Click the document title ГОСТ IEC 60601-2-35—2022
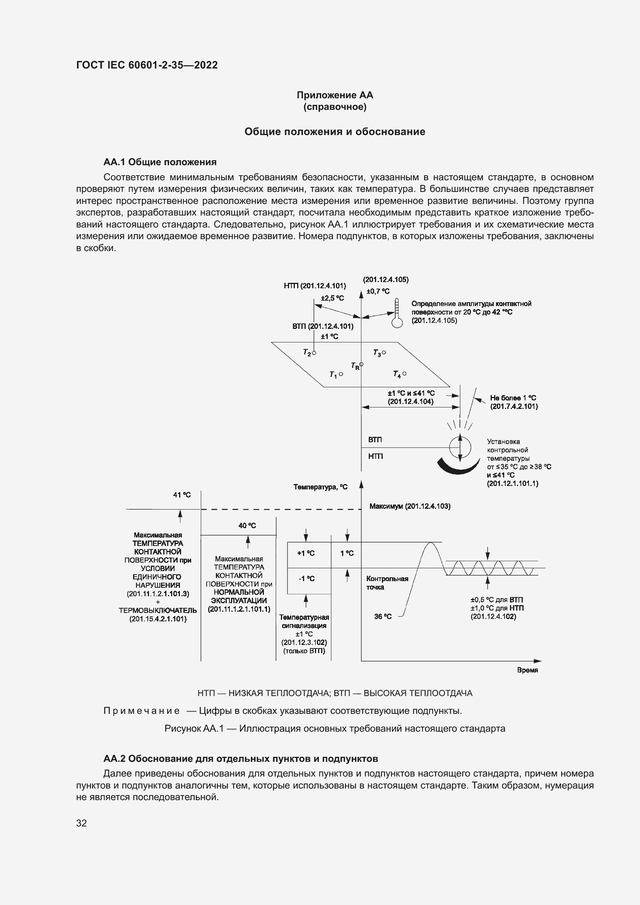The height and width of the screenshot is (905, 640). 147,65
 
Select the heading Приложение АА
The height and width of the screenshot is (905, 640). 335,95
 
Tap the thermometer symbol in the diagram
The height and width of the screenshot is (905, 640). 397,314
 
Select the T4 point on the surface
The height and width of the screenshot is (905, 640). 400,374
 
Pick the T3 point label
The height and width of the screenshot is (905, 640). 378,353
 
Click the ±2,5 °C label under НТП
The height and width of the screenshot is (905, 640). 332,298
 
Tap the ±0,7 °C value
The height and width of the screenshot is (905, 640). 378,291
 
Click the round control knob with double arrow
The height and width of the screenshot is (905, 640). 460,447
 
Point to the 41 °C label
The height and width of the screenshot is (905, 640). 182,495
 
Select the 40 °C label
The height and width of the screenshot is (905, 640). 247,525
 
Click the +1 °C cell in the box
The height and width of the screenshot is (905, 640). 306,553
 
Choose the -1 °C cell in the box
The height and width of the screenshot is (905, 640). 306,578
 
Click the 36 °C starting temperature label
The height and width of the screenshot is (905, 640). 383,616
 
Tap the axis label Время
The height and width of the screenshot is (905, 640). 527,670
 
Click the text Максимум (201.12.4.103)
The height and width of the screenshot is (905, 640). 409,506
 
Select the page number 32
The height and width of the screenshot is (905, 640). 82,823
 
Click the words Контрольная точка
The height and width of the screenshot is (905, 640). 387,583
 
